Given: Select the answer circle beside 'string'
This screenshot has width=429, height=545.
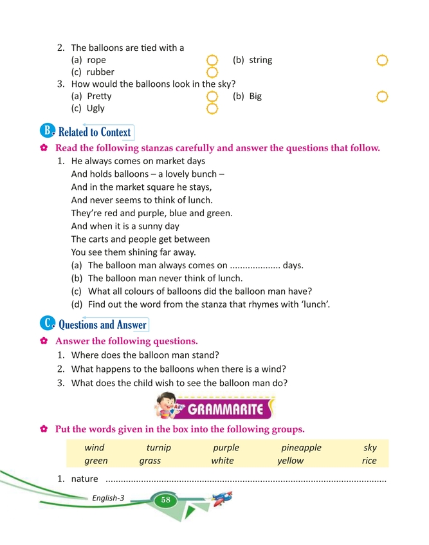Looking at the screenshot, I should coord(382,60).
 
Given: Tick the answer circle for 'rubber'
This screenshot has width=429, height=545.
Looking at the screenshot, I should coord(213,72).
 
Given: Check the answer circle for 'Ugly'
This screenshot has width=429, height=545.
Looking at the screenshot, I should coord(213,109).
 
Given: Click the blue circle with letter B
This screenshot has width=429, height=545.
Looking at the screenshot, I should coord(48,131).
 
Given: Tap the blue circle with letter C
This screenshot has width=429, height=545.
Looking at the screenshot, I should coord(48,323).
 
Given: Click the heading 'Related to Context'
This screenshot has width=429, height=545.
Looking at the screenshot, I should coord(95,133).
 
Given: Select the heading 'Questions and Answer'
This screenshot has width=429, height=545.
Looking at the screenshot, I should coord(102,324).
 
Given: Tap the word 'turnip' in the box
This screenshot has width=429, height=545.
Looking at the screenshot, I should coord(158,448).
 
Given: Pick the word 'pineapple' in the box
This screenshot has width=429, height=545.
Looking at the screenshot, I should coord(301,448).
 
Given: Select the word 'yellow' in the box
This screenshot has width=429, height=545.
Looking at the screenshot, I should coord(290,461).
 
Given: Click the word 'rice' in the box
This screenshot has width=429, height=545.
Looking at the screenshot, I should coord(369,461).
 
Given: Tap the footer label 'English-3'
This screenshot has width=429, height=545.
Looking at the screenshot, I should coord(108,498).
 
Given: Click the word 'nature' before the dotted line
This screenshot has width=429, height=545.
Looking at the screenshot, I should coord(84,479).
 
